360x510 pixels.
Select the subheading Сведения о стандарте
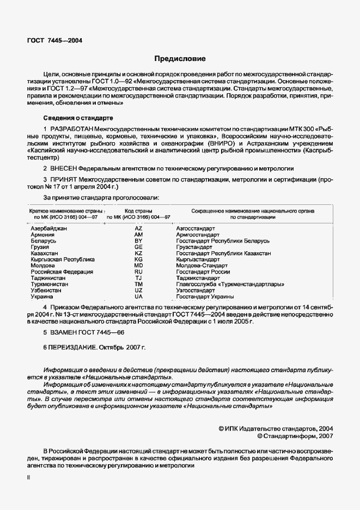tap(78, 118)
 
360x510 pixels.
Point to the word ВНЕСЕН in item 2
tap(65, 169)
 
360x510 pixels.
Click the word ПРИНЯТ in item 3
tap(64, 180)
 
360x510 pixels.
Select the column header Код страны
tap(138, 210)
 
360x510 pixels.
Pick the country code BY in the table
tap(138, 240)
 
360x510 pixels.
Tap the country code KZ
tap(138, 253)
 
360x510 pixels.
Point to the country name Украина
tap(41, 297)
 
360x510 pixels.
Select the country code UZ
tap(138, 291)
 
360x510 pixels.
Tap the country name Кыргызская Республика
tap(62, 259)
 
